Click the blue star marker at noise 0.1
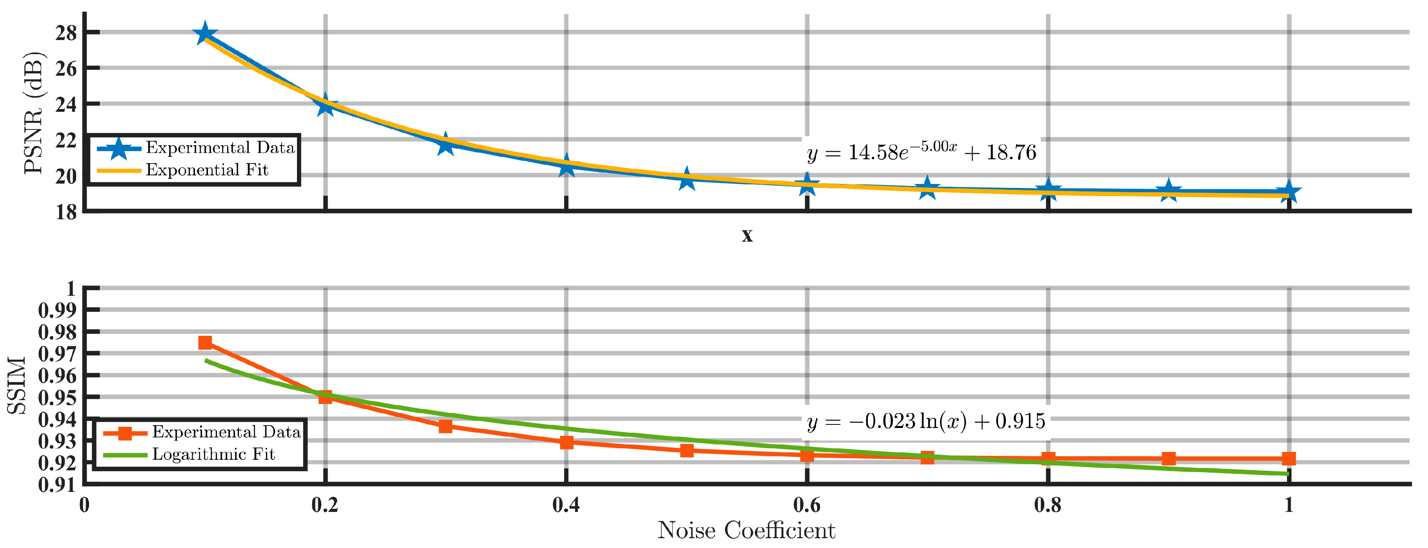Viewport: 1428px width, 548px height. [x=204, y=34]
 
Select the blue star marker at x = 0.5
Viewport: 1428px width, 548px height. [x=687, y=179]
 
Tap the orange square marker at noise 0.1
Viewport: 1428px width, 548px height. [x=204, y=343]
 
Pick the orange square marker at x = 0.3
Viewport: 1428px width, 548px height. [x=445, y=426]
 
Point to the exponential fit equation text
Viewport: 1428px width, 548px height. [x=921, y=151]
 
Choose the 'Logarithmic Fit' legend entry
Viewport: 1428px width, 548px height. [x=213, y=454]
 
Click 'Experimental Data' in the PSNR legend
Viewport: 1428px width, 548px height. [x=220, y=147]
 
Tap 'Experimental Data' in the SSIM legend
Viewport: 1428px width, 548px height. [x=226, y=431]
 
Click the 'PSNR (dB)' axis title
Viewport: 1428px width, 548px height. [x=33, y=113]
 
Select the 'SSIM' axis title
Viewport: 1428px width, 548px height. [x=16, y=385]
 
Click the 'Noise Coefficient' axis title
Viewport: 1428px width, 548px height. [x=746, y=530]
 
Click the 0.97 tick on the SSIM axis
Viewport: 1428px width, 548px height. [x=57, y=353]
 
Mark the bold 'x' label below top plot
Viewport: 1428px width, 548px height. [x=747, y=235]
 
